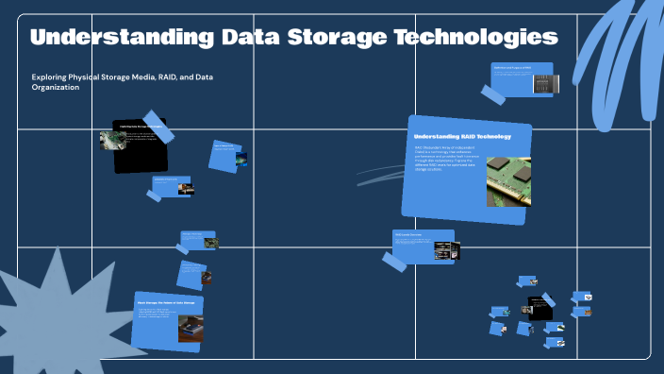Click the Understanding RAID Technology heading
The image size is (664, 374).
462,137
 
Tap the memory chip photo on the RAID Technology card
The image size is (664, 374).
508,181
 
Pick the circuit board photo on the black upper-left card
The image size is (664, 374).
112,141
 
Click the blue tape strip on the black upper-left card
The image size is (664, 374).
158,128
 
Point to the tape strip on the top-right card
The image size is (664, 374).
494,93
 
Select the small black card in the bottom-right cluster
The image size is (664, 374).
539,308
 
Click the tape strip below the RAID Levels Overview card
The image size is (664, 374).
394,262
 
